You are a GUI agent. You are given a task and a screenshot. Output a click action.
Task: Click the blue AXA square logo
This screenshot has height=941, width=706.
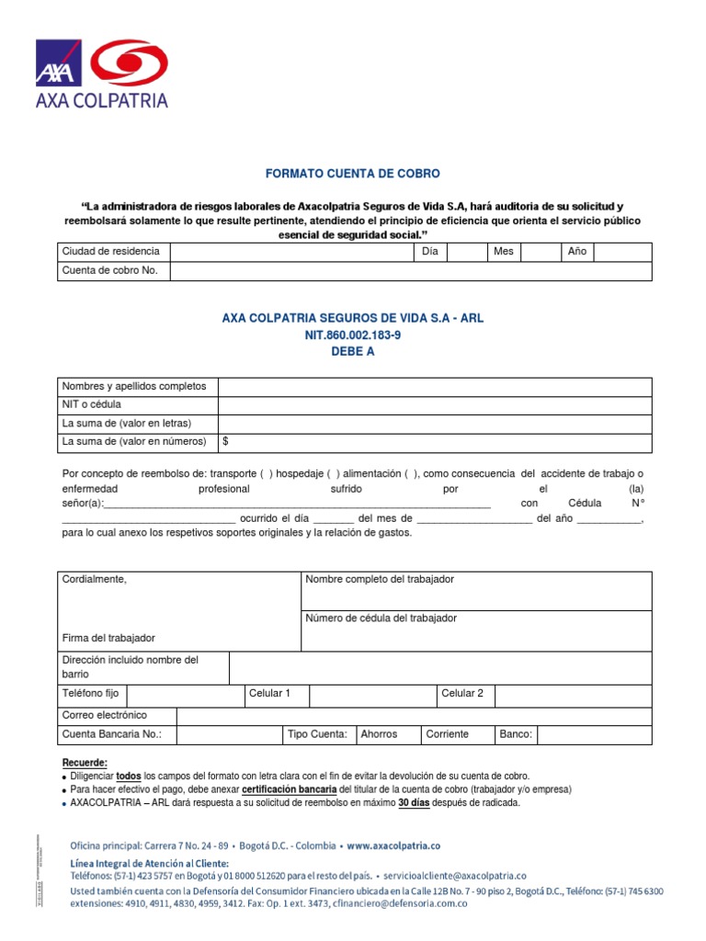pyautogui.click(x=58, y=62)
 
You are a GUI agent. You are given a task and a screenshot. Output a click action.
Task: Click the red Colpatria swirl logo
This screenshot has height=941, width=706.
pyautogui.click(x=132, y=62)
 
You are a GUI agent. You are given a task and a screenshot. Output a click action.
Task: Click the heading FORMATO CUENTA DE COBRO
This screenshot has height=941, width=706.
pyautogui.click(x=353, y=174)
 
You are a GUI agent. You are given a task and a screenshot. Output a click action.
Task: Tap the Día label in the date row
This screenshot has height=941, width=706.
pyautogui.click(x=429, y=252)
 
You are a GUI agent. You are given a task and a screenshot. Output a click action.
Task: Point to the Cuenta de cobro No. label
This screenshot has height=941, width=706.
pyautogui.click(x=109, y=271)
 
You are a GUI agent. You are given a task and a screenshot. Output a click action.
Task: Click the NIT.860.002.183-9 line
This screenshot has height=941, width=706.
pyautogui.click(x=353, y=335)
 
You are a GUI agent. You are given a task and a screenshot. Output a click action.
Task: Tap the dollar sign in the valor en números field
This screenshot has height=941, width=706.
pyautogui.click(x=225, y=442)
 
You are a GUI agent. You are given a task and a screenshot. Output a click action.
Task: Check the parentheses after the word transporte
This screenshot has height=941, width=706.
pyautogui.click(x=266, y=474)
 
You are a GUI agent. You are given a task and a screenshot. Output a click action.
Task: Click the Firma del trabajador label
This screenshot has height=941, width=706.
pyautogui.click(x=108, y=638)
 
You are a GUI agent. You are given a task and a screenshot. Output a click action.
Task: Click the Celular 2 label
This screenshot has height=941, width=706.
pyautogui.click(x=462, y=694)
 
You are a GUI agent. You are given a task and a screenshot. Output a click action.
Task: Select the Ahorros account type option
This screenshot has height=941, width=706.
pyautogui.click(x=379, y=734)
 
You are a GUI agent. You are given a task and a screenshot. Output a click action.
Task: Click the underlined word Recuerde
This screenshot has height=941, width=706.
pyautogui.click(x=85, y=763)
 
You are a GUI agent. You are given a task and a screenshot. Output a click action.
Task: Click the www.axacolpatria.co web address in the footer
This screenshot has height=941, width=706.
pyautogui.click(x=393, y=845)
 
